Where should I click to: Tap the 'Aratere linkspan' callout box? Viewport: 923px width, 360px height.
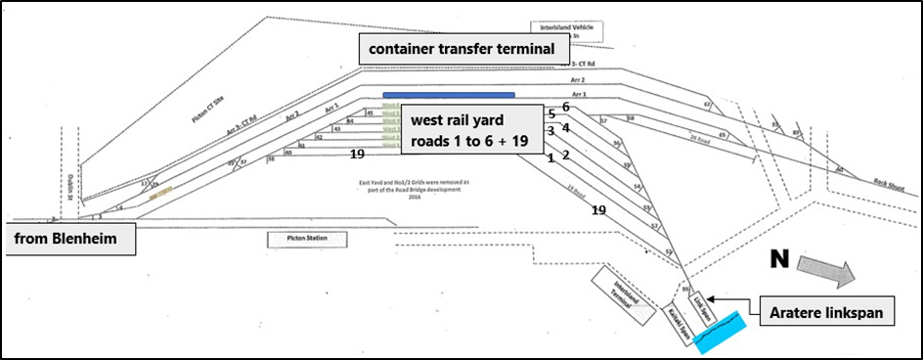pos(828,313)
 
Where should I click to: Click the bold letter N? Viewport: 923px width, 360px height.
pos(778,259)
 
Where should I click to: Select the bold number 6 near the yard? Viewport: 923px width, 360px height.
pos(565,107)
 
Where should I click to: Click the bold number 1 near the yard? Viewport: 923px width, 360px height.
pos(550,157)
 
